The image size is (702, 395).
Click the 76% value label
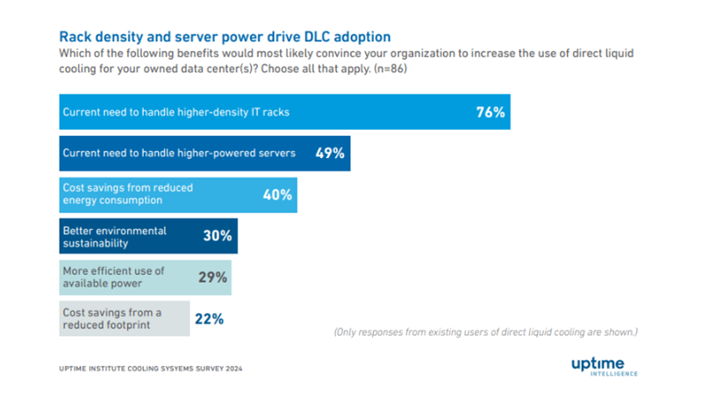[491, 112]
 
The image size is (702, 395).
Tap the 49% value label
[331, 154]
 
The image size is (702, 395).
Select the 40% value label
[277, 195]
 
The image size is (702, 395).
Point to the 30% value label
[218, 236]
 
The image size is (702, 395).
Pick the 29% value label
[212, 277]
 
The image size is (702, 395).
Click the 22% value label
[209, 319]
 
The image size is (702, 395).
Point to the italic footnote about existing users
[485, 333]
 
